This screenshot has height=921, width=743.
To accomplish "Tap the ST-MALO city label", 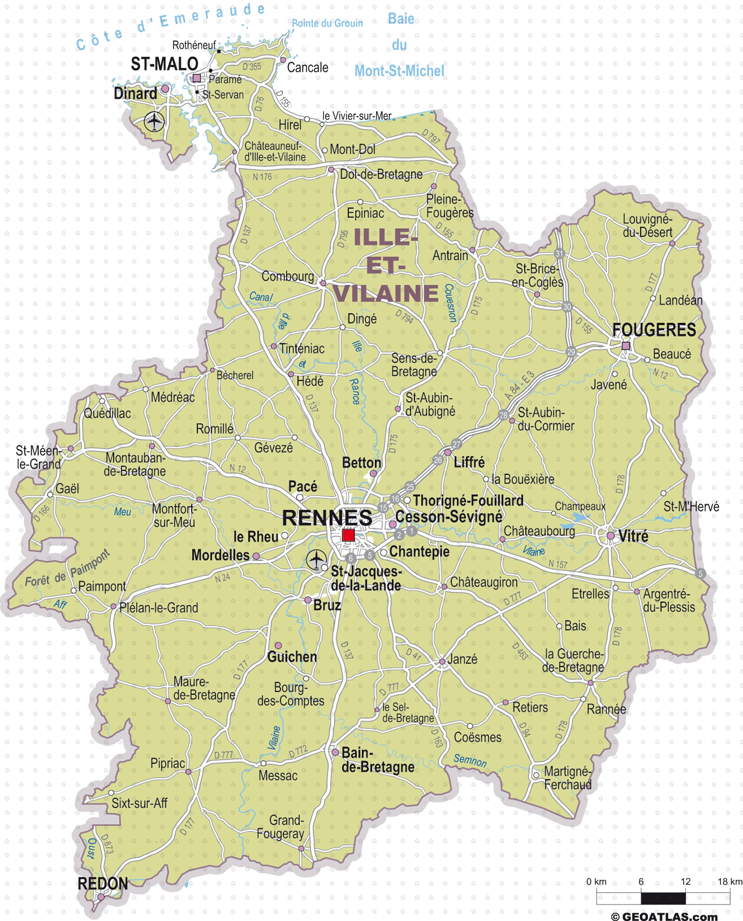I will tap(164, 64).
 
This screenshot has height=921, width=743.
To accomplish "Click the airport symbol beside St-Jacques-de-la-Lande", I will tap(316, 560).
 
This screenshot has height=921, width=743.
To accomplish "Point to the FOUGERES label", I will tap(654, 330).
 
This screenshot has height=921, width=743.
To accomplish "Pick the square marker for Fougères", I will tap(626, 346).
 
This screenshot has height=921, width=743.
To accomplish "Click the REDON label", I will tap(103, 884).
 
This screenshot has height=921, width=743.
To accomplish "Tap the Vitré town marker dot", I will tap(611, 536).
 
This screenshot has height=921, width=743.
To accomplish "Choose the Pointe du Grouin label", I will tap(327, 23).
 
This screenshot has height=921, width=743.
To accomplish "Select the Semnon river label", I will tap(470, 760).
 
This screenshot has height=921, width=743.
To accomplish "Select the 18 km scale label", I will tap(730, 882).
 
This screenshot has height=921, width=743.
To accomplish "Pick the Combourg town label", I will tap(288, 276).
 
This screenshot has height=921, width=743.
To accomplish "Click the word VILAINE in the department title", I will tap(386, 294).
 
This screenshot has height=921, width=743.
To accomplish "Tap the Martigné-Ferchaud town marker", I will tap(536, 775).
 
